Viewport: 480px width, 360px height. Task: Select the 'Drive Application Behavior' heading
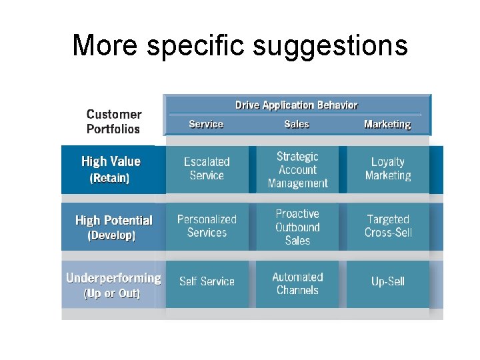(x=296, y=105)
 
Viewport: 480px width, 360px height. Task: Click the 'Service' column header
(x=206, y=124)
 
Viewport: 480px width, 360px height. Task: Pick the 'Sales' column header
(x=297, y=124)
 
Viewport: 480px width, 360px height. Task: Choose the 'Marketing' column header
(x=387, y=124)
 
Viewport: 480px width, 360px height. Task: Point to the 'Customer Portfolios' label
(x=114, y=122)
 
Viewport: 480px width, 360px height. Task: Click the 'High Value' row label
(x=111, y=161)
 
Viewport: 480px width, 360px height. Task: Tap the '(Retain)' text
(x=109, y=178)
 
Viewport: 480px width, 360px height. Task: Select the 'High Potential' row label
(x=113, y=220)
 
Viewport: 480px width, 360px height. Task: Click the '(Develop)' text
(x=111, y=235)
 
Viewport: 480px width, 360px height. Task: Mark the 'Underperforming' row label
(x=113, y=278)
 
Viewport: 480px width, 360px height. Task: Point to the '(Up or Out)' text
(x=112, y=293)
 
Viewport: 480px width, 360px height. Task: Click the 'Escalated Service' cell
(x=207, y=169)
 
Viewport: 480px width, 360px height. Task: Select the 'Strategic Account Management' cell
(x=297, y=169)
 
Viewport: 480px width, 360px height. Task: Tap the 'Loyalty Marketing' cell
(x=388, y=169)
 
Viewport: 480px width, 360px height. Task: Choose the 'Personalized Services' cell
(x=207, y=226)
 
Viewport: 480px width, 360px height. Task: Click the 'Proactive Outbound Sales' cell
(x=297, y=227)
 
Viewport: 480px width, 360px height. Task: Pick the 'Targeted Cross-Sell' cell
(x=388, y=226)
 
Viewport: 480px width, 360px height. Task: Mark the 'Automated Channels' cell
(x=297, y=283)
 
